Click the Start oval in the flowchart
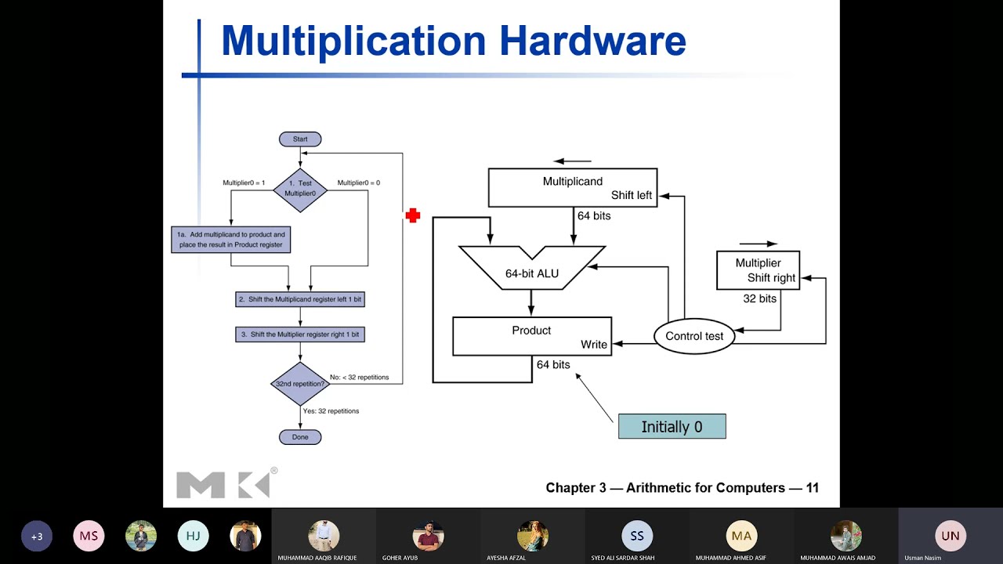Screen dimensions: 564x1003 point(300,139)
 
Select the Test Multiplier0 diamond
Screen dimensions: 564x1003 point(300,189)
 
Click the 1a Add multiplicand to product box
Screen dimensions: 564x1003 point(231,240)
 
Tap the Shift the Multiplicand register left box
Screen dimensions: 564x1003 point(300,300)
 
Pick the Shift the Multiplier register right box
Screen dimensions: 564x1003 point(300,334)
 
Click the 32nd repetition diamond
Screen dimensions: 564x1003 point(300,384)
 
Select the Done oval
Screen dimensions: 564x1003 point(300,437)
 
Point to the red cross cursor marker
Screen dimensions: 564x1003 point(413,215)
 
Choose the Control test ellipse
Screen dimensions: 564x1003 point(694,336)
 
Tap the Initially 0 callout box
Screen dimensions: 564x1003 point(672,427)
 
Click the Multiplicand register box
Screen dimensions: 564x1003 point(572,188)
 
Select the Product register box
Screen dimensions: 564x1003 point(531,336)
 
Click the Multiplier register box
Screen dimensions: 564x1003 point(758,270)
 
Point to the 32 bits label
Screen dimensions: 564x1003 point(759,298)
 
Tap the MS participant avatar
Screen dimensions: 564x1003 point(89,537)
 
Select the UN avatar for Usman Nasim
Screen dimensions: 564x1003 point(950,536)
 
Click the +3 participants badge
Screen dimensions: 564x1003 point(37,537)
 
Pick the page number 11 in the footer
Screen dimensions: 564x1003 point(812,488)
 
